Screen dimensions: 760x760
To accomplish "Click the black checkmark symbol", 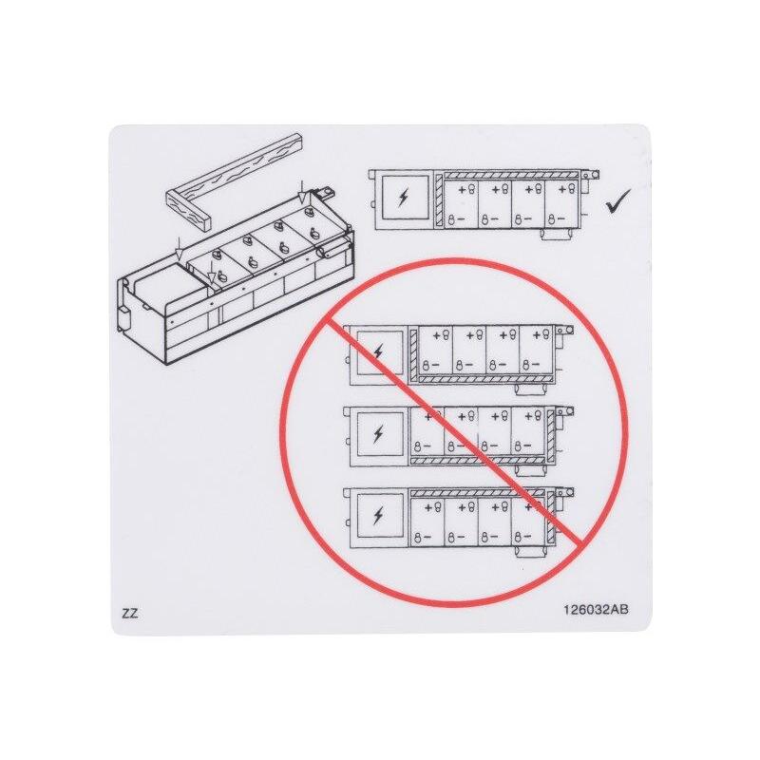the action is (618, 201).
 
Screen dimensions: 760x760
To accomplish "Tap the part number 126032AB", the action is (596, 609).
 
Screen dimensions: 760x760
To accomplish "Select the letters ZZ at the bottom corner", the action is (130, 613).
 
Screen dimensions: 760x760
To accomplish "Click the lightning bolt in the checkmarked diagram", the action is (403, 198).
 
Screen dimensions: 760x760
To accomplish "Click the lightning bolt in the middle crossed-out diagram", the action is (378, 433).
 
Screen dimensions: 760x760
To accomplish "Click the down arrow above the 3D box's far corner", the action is (302, 193).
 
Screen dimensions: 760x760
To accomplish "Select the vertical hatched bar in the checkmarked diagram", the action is (439, 200).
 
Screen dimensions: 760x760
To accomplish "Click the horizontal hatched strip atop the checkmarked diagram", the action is (512, 175).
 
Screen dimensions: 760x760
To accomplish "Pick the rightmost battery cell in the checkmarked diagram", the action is (562, 203).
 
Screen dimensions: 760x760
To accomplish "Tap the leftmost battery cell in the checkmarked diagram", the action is (462, 203).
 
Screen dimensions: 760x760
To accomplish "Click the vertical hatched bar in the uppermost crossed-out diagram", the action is (413, 354).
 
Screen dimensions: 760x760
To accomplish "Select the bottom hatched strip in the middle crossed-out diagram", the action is (478, 460).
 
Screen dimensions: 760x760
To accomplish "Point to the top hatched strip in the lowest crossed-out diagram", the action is (478, 492).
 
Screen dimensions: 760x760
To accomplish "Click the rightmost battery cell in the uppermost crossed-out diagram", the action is (536, 350).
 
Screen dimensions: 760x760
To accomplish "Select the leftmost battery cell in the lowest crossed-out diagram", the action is (427, 521).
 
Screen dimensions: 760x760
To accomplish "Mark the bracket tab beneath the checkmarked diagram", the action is (556, 234).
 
